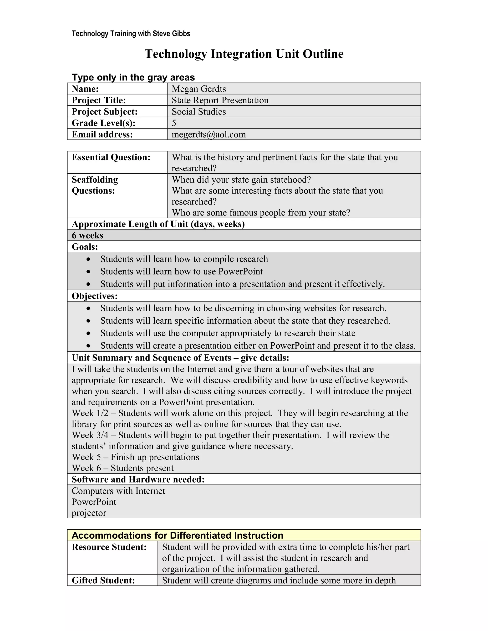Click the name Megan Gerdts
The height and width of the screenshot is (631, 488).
tap(199, 89)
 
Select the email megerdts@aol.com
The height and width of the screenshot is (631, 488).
tap(208, 134)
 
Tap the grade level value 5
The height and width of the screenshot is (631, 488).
tap(174, 123)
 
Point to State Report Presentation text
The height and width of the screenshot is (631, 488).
tap(220, 100)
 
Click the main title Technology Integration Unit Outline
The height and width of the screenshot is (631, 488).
tap(244, 54)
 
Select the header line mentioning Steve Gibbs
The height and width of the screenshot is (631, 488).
tap(131, 34)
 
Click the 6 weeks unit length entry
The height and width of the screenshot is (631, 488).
tap(87, 235)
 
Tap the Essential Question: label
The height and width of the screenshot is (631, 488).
tap(111, 157)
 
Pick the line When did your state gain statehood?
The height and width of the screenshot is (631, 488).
tap(241, 180)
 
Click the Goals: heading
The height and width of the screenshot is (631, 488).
tap(85, 247)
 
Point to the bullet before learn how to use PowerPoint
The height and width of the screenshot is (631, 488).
tap(88, 272)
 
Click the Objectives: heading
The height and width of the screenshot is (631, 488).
tap(95, 296)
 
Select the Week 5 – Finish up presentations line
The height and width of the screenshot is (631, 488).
tap(135, 457)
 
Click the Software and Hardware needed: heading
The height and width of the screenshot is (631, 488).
tap(138, 480)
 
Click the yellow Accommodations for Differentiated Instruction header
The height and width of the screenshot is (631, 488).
tap(177, 535)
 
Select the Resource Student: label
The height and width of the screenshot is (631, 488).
tap(109, 547)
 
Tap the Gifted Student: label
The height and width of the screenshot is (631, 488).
tap(103, 581)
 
